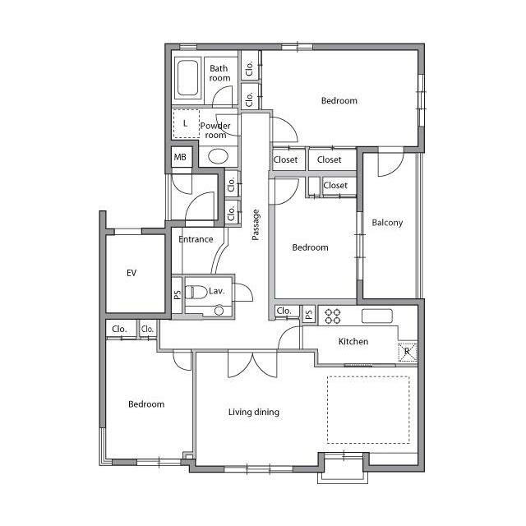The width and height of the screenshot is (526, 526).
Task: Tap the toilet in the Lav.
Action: pyautogui.click(x=196, y=293)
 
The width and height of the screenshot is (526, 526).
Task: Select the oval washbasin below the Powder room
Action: pyautogui.click(x=218, y=156)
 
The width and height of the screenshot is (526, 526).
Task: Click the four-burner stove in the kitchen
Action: pyautogui.click(x=333, y=316)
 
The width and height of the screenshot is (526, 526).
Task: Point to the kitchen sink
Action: pyautogui.click(x=377, y=316)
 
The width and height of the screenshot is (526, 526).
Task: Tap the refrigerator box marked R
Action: pyautogui.click(x=408, y=353)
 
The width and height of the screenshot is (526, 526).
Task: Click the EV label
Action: pyautogui.click(x=131, y=273)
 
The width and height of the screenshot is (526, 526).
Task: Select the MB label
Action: pyautogui.click(x=180, y=157)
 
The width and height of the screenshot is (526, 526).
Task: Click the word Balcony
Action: pyautogui.click(x=387, y=223)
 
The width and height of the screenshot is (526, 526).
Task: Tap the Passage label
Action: pyautogui.click(x=256, y=224)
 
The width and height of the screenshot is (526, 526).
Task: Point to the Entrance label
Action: pyautogui.click(x=196, y=239)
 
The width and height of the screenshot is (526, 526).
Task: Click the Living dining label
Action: pyautogui.click(x=254, y=412)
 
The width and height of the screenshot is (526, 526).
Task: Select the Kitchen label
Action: pyautogui.click(x=353, y=342)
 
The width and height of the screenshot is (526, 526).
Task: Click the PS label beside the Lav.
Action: pyautogui.click(x=178, y=294)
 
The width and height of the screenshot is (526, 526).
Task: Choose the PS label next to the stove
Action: pyautogui.click(x=309, y=314)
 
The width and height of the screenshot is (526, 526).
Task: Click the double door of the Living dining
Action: pyautogui.click(x=252, y=364)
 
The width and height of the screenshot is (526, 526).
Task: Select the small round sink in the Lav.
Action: pyautogui.click(x=219, y=311)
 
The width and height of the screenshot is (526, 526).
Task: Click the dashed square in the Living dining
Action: pyautogui.click(x=368, y=410)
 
